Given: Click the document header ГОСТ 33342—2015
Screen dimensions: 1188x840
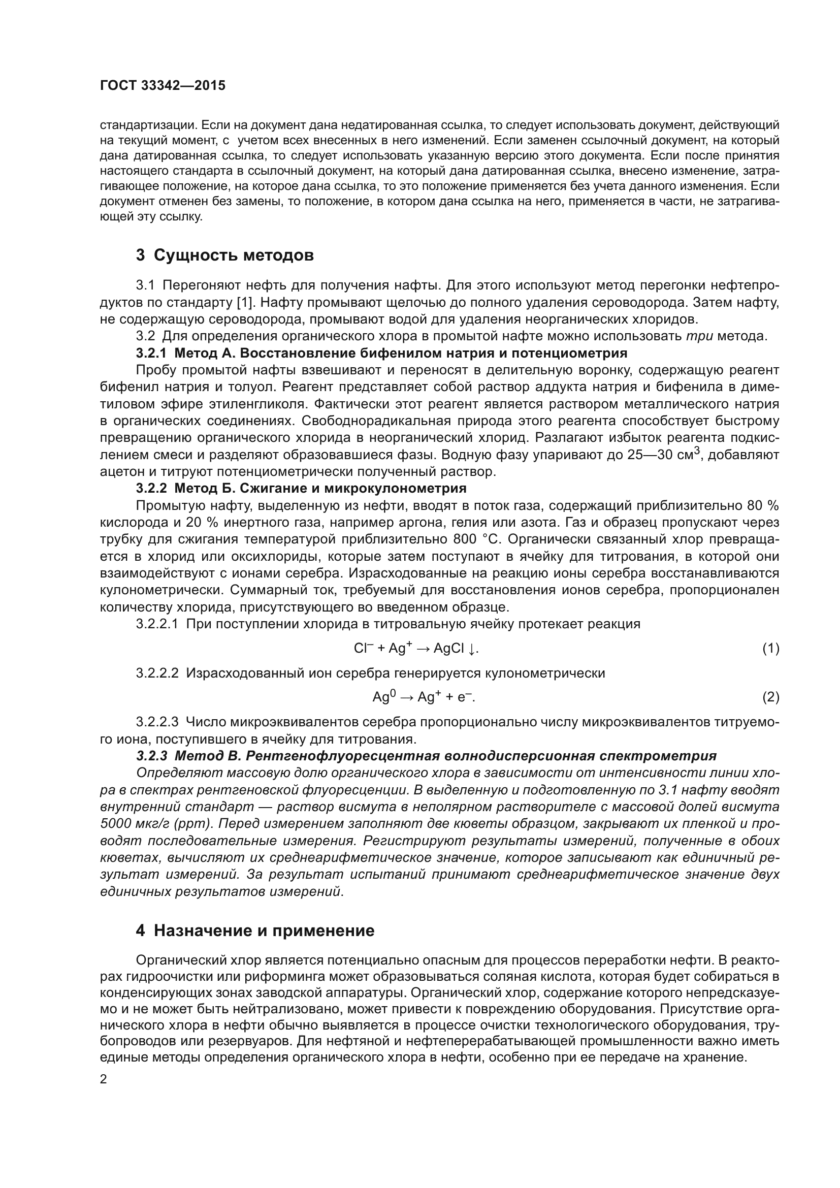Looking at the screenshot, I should [x=163, y=86].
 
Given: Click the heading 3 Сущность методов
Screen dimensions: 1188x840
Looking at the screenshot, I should [x=224, y=255].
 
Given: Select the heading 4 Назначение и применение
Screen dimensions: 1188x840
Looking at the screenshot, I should [x=254, y=931].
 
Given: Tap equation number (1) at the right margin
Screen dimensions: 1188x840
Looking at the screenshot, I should [x=770, y=648].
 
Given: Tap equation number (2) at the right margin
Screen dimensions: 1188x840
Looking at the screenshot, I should [x=770, y=697].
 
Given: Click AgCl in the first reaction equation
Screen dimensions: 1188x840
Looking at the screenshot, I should [x=448, y=649].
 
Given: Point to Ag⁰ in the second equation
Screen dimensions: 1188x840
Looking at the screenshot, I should [x=384, y=697].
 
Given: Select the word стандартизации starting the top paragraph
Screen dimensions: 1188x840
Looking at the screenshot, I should [x=147, y=126].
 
